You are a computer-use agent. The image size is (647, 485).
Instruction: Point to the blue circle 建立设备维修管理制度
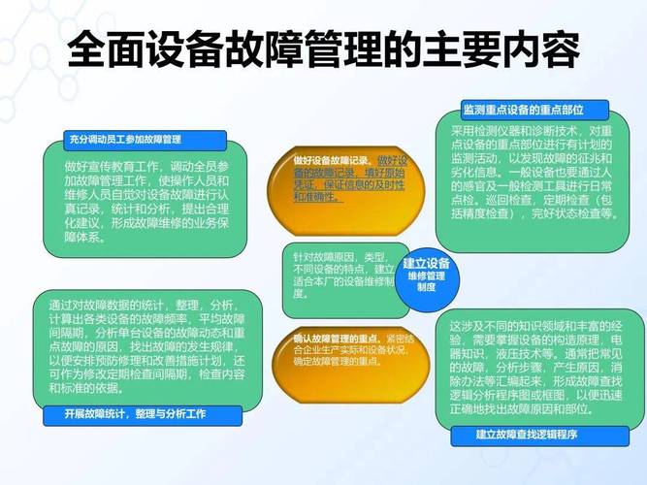[x=426, y=275]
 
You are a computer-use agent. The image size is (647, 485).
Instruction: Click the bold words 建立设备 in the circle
[x=427, y=263]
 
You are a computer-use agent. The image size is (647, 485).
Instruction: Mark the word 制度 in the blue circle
[x=426, y=288]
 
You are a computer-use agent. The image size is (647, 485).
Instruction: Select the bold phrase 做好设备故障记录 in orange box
[x=333, y=159]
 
